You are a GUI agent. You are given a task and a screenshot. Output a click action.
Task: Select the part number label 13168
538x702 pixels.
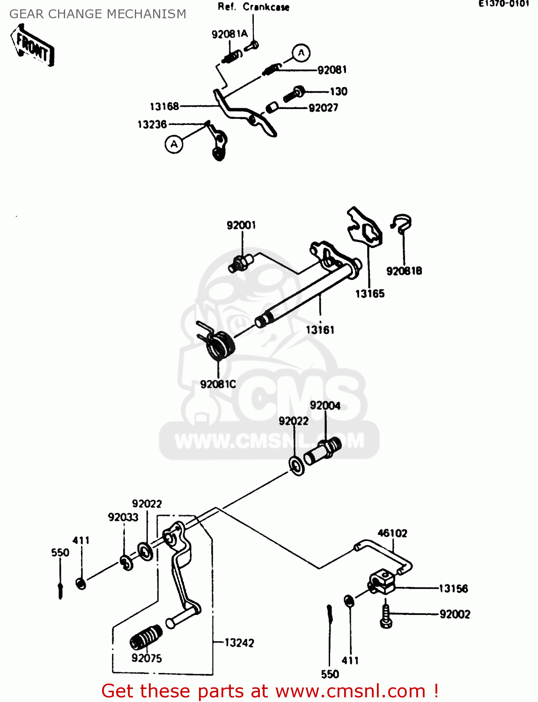pos(164,107)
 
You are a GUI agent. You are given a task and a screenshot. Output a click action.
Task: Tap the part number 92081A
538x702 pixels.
pos(229,34)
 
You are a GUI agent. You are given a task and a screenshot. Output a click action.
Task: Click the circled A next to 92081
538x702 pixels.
pos(301,53)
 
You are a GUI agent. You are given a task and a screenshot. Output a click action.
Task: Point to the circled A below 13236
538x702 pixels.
pos(174,144)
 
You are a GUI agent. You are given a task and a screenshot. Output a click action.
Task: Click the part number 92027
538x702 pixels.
pos(323,108)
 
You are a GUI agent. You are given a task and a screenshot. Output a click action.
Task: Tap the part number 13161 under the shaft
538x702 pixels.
pos(320,330)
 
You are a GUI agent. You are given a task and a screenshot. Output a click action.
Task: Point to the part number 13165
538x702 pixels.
pos(369,294)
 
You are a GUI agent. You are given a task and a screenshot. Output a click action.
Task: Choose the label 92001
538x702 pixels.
pos(241,226)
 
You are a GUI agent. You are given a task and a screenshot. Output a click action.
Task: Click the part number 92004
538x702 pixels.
pos(325,406)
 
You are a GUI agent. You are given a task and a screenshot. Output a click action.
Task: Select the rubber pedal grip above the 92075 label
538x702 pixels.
pos(146,636)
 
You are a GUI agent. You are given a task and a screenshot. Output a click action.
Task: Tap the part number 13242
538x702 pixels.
pos(239,643)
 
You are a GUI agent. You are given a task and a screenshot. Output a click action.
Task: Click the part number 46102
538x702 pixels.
pos(392,534)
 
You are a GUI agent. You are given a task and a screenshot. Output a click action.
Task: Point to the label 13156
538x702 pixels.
pos(453,589)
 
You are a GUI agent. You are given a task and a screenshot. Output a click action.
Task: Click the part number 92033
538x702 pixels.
pos(123,517)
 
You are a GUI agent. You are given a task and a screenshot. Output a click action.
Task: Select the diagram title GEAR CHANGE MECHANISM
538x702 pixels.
pos(98,14)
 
